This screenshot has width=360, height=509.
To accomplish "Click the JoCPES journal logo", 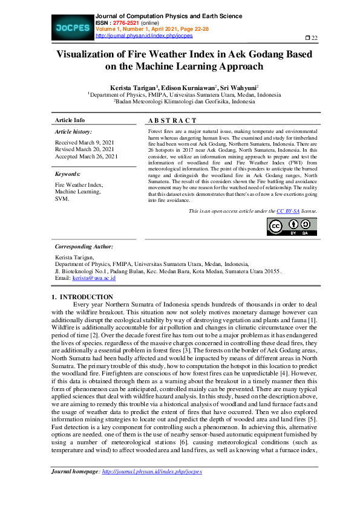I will [72, 27].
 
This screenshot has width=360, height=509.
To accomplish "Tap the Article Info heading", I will [70, 120].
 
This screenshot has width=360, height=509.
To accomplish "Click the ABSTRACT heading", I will [172, 120].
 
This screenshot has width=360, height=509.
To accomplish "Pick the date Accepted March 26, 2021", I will [87, 157].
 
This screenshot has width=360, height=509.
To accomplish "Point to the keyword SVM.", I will [62, 199].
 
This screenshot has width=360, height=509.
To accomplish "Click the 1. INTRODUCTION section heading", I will [82, 297].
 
